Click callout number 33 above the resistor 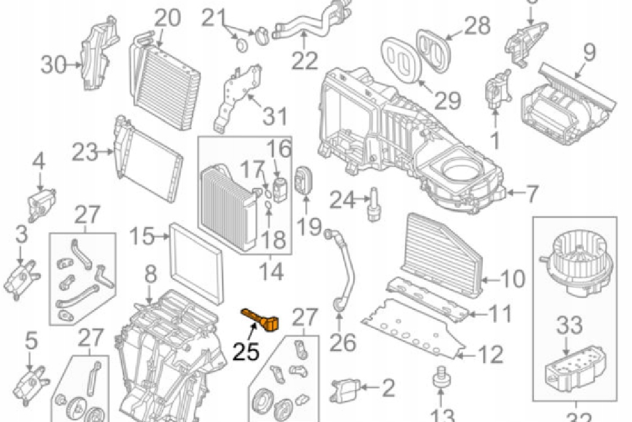coord(569,327)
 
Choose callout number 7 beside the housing coord(531,194)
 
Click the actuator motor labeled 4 coord(39,202)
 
